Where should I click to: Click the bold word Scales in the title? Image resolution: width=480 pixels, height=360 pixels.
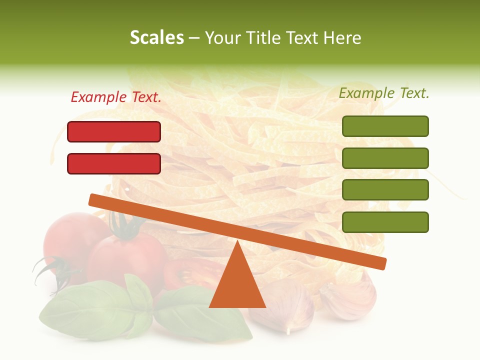[156, 37]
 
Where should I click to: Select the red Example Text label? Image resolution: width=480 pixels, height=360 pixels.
[116, 97]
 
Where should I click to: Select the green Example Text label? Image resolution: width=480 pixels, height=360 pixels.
[384, 92]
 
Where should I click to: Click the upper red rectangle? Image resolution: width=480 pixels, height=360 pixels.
[114, 131]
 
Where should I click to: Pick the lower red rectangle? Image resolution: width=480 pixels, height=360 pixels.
[114, 163]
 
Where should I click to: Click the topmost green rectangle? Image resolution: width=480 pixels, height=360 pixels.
[385, 126]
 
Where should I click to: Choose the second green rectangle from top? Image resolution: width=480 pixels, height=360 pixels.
[385, 158]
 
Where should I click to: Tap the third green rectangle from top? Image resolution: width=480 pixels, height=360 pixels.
[385, 190]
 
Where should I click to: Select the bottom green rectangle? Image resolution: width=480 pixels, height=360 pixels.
[385, 222]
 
